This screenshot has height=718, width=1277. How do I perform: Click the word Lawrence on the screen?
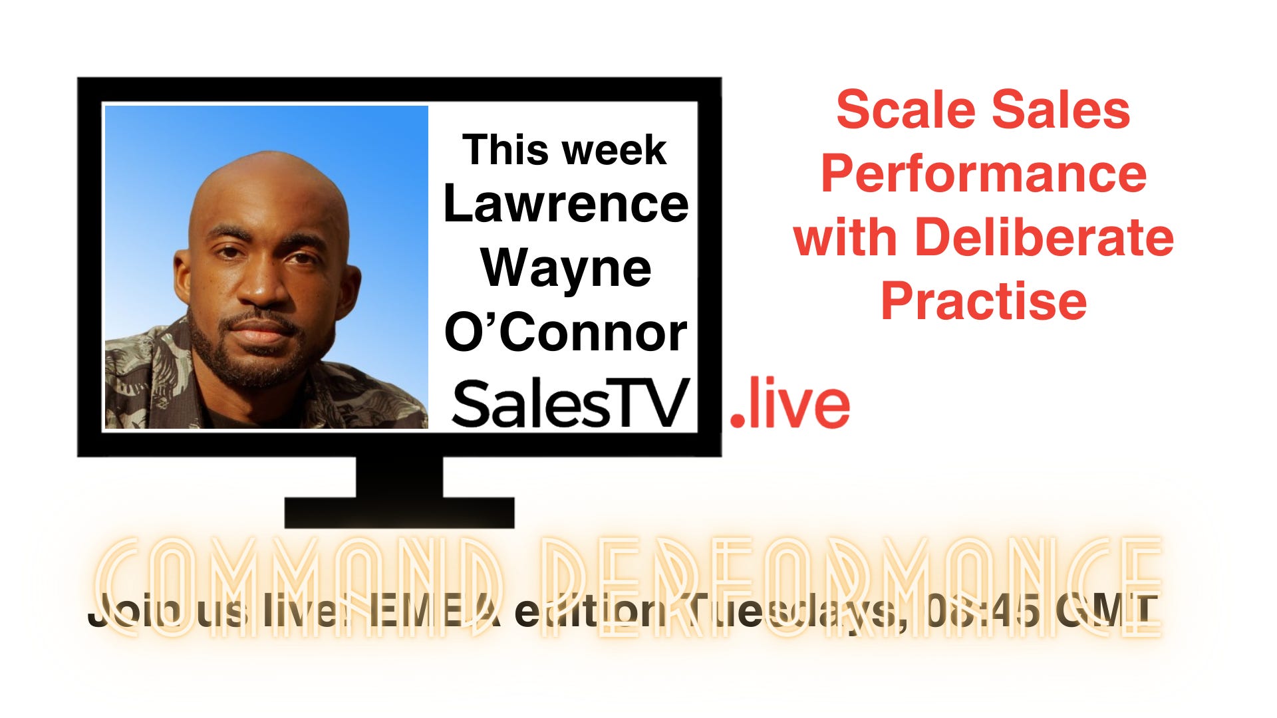(565, 204)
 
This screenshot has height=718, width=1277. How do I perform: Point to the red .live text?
(790, 404)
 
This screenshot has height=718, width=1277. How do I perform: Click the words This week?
(564, 150)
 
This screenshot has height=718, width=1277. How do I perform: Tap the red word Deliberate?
(1044, 237)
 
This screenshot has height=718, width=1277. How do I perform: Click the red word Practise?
(983, 301)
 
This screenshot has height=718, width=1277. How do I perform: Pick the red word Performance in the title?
(983, 174)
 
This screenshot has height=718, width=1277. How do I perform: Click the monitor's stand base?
(399, 513)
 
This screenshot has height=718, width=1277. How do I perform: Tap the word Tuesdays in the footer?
(791, 612)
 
